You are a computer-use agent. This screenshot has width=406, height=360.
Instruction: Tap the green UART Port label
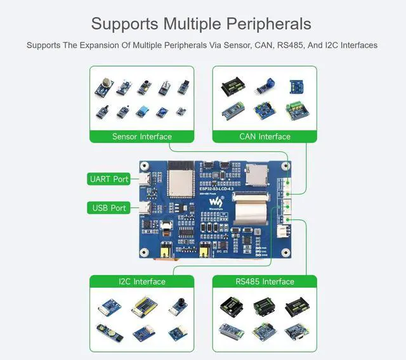pyautogui.click(x=110, y=179)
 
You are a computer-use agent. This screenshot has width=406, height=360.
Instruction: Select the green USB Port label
pyautogui.click(x=110, y=208)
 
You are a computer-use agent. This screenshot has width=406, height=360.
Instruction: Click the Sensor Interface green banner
pyautogui.click(x=142, y=136)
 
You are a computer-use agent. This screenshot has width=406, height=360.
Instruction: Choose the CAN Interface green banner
pyautogui.click(x=265, y=136)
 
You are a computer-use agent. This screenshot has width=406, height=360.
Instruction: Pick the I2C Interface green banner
pyautogui.click(x=142, y=281)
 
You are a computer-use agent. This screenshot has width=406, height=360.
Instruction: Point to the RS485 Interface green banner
pyautogui.click(x=265, y=281)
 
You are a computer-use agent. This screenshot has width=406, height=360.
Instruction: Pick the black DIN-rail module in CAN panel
pyautogui.click(x=232, y=87)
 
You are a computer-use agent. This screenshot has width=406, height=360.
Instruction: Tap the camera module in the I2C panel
pyautogui.click(x=179, y=305)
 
